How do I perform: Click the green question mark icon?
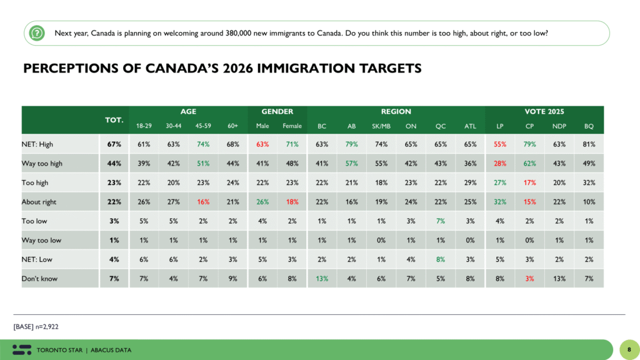(x=37, y=33)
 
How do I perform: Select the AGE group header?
(x=188, y=112)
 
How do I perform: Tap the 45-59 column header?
(x=204, y=126)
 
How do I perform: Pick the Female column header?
(x=292, y=126)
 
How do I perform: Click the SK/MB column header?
(x=381, y=126)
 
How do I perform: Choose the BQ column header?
(x=589, y=126)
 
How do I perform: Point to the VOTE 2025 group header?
(x=544, y=112)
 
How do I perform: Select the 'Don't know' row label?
(x=40, y=278)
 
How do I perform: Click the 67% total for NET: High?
(x=114, y=144)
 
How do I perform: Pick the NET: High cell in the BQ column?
(x=589, y=144)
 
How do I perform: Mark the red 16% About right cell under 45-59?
(x=204, y=202)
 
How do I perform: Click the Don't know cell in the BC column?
(x=322, y=278)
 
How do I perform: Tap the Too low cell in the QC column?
(x=440, y=221)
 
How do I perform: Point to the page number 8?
(x=629, y=349)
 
